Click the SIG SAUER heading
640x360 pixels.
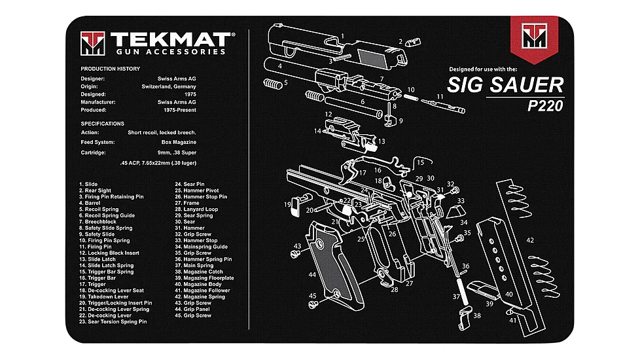505,85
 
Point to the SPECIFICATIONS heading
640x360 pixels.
102,123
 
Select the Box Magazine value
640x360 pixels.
179,142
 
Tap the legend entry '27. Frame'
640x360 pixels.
187,203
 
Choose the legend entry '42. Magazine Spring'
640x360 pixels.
199,297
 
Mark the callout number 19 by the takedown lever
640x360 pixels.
287,205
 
